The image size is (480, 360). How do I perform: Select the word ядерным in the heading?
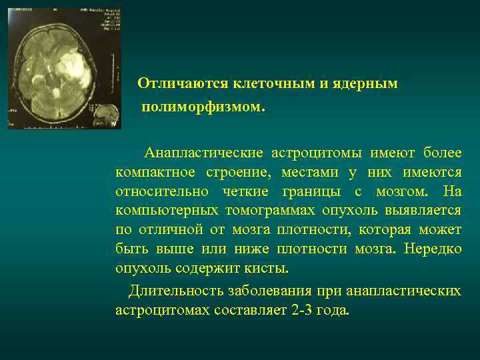coord(369,83)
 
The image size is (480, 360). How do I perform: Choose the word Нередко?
coord(433,249)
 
